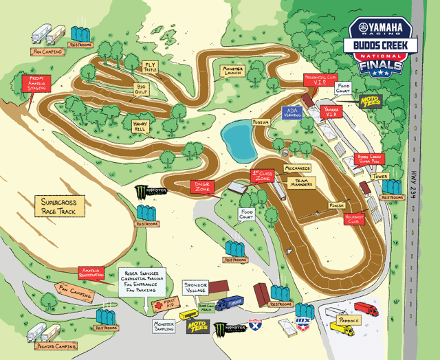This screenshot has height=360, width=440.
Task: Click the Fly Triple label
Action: click(x=150, y=67)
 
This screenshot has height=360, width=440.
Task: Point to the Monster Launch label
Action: click(x=233, y=71)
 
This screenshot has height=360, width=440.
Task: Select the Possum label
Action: click(x=260, y=122)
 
